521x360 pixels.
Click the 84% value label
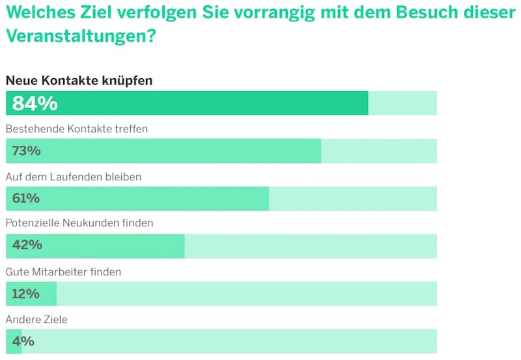tap(35, 104)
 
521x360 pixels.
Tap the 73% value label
tap(27, 151)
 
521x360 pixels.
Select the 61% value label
tap(26, 198)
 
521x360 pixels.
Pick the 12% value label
tap(26, 294)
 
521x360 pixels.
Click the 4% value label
tap(23, 341)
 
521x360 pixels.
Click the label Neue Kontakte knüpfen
tap(79, 81)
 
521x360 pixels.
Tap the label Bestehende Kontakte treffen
tap(77, 129)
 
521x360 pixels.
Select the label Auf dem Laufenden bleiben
tap(74, 176)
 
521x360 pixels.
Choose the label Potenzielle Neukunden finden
tap(79, 223)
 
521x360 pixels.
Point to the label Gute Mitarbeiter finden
tap(64, 272)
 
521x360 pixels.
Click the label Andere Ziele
tap(36, 320)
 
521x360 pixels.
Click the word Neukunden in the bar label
tap(91, 223)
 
